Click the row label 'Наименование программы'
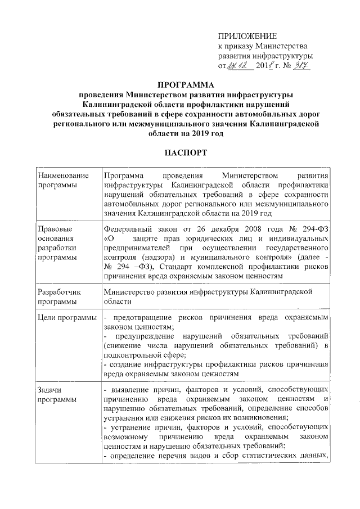(x=60, y=180)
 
